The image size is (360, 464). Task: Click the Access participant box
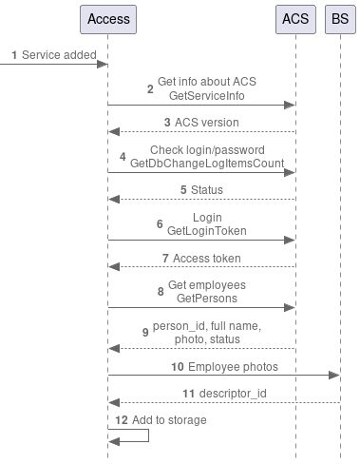click(107, 19)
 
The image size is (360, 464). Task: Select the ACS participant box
click(295, 19)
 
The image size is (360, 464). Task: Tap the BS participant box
click(340, 19)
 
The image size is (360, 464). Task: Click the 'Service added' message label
click(59, 55)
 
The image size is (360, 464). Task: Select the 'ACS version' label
click(207, 122)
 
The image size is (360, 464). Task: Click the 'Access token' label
click(207, 258)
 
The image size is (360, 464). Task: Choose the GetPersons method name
click(206, 299)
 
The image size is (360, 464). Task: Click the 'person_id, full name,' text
click(207, 325)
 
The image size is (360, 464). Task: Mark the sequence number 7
click(165, 258)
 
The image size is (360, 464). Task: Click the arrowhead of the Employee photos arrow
click(333, 377)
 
